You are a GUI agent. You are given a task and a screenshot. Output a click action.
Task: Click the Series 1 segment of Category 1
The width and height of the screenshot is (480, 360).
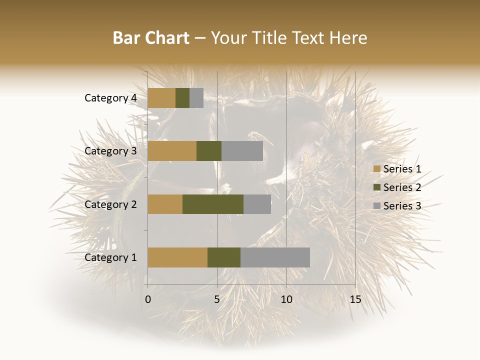(x=177, y=257)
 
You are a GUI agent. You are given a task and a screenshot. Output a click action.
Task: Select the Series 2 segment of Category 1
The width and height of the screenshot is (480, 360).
(x=224, y=257)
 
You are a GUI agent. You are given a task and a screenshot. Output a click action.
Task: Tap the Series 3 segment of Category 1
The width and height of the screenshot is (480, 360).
(x=275, y=257)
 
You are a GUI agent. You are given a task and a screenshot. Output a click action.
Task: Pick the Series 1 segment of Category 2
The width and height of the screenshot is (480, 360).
(x=165, y=204)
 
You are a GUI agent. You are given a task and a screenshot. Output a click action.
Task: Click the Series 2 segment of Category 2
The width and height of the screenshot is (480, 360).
(x=213, y=204)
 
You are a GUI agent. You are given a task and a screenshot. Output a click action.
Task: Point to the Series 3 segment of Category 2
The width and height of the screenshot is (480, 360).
(x=257, y=204)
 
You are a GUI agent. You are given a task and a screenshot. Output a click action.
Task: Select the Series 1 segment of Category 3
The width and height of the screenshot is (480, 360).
(x=172, y=151)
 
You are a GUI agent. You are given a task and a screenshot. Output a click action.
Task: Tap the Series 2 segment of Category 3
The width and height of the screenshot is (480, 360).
(x=209, y=151)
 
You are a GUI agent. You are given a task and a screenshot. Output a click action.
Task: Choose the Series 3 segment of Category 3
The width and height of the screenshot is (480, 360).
(x=242, y=151)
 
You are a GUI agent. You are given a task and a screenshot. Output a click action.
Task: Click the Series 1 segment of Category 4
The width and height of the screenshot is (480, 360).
(x=161, y=98)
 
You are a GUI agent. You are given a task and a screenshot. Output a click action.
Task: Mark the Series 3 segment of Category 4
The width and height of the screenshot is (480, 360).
(x=196, y=98)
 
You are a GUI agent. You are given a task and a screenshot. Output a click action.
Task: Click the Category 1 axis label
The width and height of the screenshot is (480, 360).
(x=110, y=257)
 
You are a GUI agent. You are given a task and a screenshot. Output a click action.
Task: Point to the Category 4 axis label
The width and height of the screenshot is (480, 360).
(x=110, y=98)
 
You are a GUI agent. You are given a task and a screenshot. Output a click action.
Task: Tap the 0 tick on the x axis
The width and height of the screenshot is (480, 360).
(x=148, y=299)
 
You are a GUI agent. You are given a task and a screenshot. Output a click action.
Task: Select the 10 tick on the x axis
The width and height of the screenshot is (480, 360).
(x=286, y=299)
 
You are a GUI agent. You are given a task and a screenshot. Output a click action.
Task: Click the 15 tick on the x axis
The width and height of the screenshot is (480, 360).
(x=355, y=299)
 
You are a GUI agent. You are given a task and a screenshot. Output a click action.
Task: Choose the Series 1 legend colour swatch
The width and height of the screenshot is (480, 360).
(x=376, y=169)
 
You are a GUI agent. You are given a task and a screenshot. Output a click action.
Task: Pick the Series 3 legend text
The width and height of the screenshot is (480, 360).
(x=402, y=206)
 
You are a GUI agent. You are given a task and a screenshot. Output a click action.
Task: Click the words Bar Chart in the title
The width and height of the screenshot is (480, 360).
(x=150, y=38)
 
